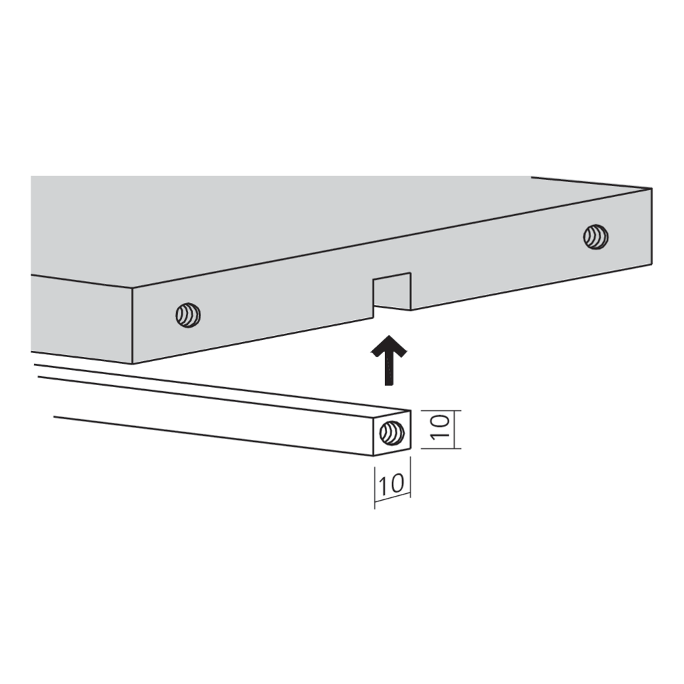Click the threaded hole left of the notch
pyautogui.click(x=188, y=315)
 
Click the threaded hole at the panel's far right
pyautogui.click(x=596, y=237)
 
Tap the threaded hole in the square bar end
pyautogui.click(x=392, y=433)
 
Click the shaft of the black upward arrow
pyautogui.click(x=389, y=371)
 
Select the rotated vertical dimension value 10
pyautogui.click(x=440, y=427)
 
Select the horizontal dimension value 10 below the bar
pyautogui.click(x=391, y=484)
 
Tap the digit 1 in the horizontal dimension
pyautogui.click(x=382, y=484)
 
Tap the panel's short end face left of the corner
pyautogui.click(x=81, y=319)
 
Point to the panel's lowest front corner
pyautogui.click(x=132, y=364)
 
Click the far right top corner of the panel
pyautogui.click(x=652, y=189)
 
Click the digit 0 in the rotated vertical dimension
pyautogui.click(x=440, y=421)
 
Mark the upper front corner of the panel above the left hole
pyautogui.click(x=132, y=289)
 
